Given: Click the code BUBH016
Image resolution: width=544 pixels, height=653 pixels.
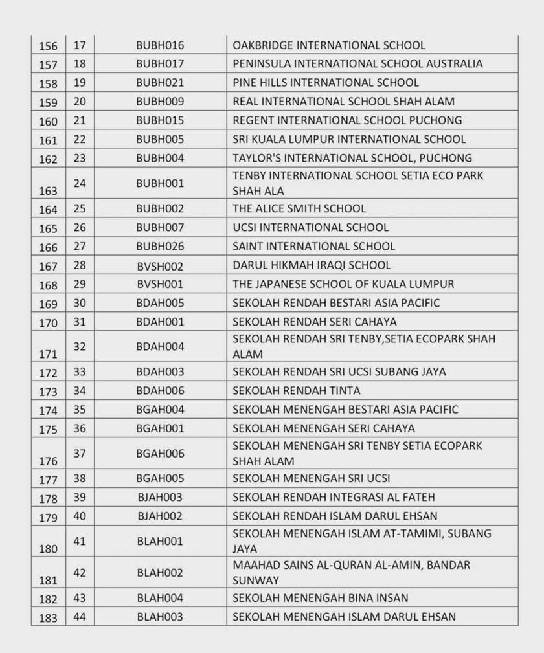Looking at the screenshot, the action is (160, 45).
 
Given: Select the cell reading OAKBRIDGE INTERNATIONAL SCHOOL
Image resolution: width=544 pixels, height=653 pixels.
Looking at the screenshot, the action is (329, 45).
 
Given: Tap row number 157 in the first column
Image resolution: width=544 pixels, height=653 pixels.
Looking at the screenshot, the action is (48, 65).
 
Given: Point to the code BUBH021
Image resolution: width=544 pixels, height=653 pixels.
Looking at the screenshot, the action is (160, 83).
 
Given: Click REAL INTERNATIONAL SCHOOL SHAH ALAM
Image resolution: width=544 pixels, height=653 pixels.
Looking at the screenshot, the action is (343, 102).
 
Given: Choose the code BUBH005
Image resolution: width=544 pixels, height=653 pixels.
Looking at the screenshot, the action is (160, 139).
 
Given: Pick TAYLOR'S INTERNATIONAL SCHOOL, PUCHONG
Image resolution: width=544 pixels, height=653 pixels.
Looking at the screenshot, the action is (352, 158).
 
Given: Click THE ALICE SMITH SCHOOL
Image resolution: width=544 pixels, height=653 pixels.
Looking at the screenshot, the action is (299, 208).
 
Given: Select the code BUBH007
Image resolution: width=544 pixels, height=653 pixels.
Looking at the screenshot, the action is (160, 227).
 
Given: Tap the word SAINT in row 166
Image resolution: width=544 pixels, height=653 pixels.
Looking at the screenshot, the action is (249, 246).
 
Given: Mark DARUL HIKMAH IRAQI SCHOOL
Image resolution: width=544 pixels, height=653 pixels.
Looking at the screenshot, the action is (312, 265).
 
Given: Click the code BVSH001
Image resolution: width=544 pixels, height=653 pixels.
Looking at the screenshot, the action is (160, 283).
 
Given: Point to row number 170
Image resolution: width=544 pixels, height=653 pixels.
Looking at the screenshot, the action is (48, 323).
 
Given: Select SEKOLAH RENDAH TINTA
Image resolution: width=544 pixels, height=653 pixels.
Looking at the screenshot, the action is (296, 390).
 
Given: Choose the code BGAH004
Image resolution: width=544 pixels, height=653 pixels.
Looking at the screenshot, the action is (160, 409).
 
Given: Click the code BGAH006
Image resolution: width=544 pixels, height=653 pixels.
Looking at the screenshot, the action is (160, 453).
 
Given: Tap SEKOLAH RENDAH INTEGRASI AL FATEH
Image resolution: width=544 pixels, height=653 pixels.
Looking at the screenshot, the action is (334, 497).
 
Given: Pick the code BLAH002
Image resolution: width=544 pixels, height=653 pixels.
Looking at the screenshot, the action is (160, 573).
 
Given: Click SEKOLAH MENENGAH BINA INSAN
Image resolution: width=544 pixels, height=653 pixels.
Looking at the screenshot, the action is (321, 598).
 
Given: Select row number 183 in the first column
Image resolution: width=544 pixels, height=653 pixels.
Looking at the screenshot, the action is (48, 618).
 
